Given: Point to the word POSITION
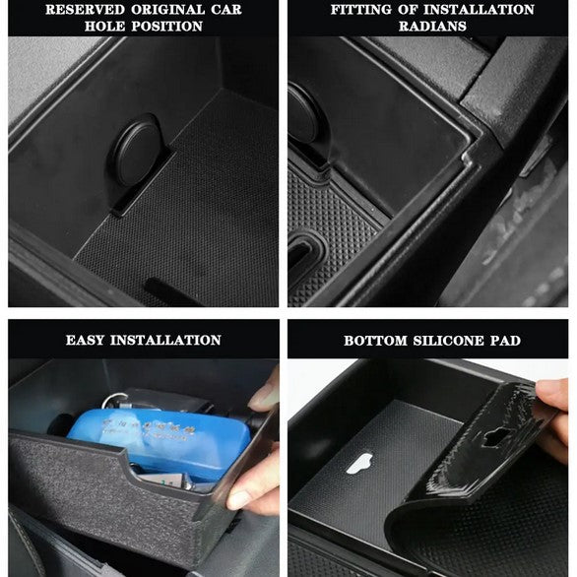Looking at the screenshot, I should point(167,27).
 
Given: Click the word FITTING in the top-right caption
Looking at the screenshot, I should point(365,9).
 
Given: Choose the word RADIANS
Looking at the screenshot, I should point(433,27).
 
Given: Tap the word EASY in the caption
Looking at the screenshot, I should point(88,340).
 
